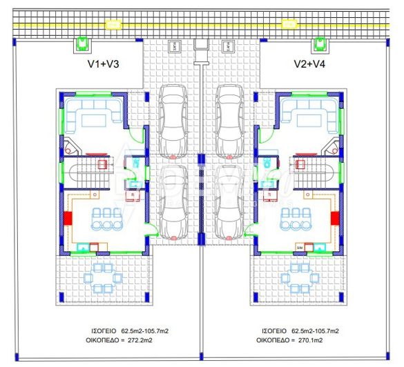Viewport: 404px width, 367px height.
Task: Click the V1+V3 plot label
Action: click(x=104, y=64)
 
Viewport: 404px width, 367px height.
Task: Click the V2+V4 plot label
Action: click(x=309, y=64)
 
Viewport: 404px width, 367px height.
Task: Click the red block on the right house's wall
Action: click(x=334, y=218)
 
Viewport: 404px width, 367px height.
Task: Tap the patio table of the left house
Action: click(x=103, y=279)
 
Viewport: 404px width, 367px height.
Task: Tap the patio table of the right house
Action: click(x=300, y=279)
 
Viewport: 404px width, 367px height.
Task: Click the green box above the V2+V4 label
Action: click(x=320, y=44)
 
